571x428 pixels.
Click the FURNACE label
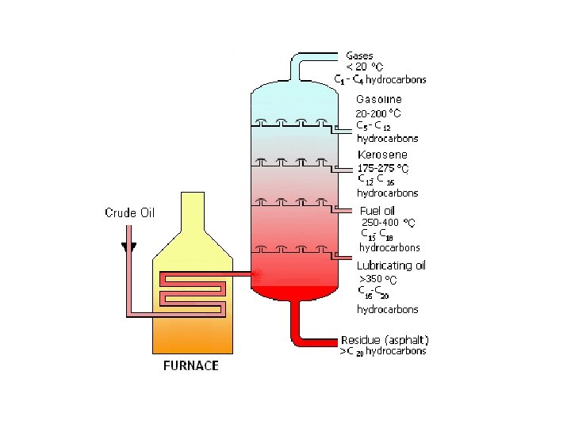coord(190,365)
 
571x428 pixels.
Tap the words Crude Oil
coord(130,212)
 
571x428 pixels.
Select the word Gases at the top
coord(360,56)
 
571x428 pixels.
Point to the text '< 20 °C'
coord(364,67)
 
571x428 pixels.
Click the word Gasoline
coord(379,100)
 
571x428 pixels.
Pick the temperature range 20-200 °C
coord(378,113)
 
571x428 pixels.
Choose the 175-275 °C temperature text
coord(382,168)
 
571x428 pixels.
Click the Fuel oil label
coord(377,211)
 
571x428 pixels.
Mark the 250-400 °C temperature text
coord(388,223)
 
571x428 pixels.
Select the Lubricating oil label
coord(391,266)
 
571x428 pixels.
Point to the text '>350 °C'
coord(377,279)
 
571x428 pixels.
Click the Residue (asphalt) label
coord(385,338)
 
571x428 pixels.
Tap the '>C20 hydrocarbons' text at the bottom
coord(383,350)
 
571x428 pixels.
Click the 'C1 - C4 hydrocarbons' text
coord(381,79)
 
